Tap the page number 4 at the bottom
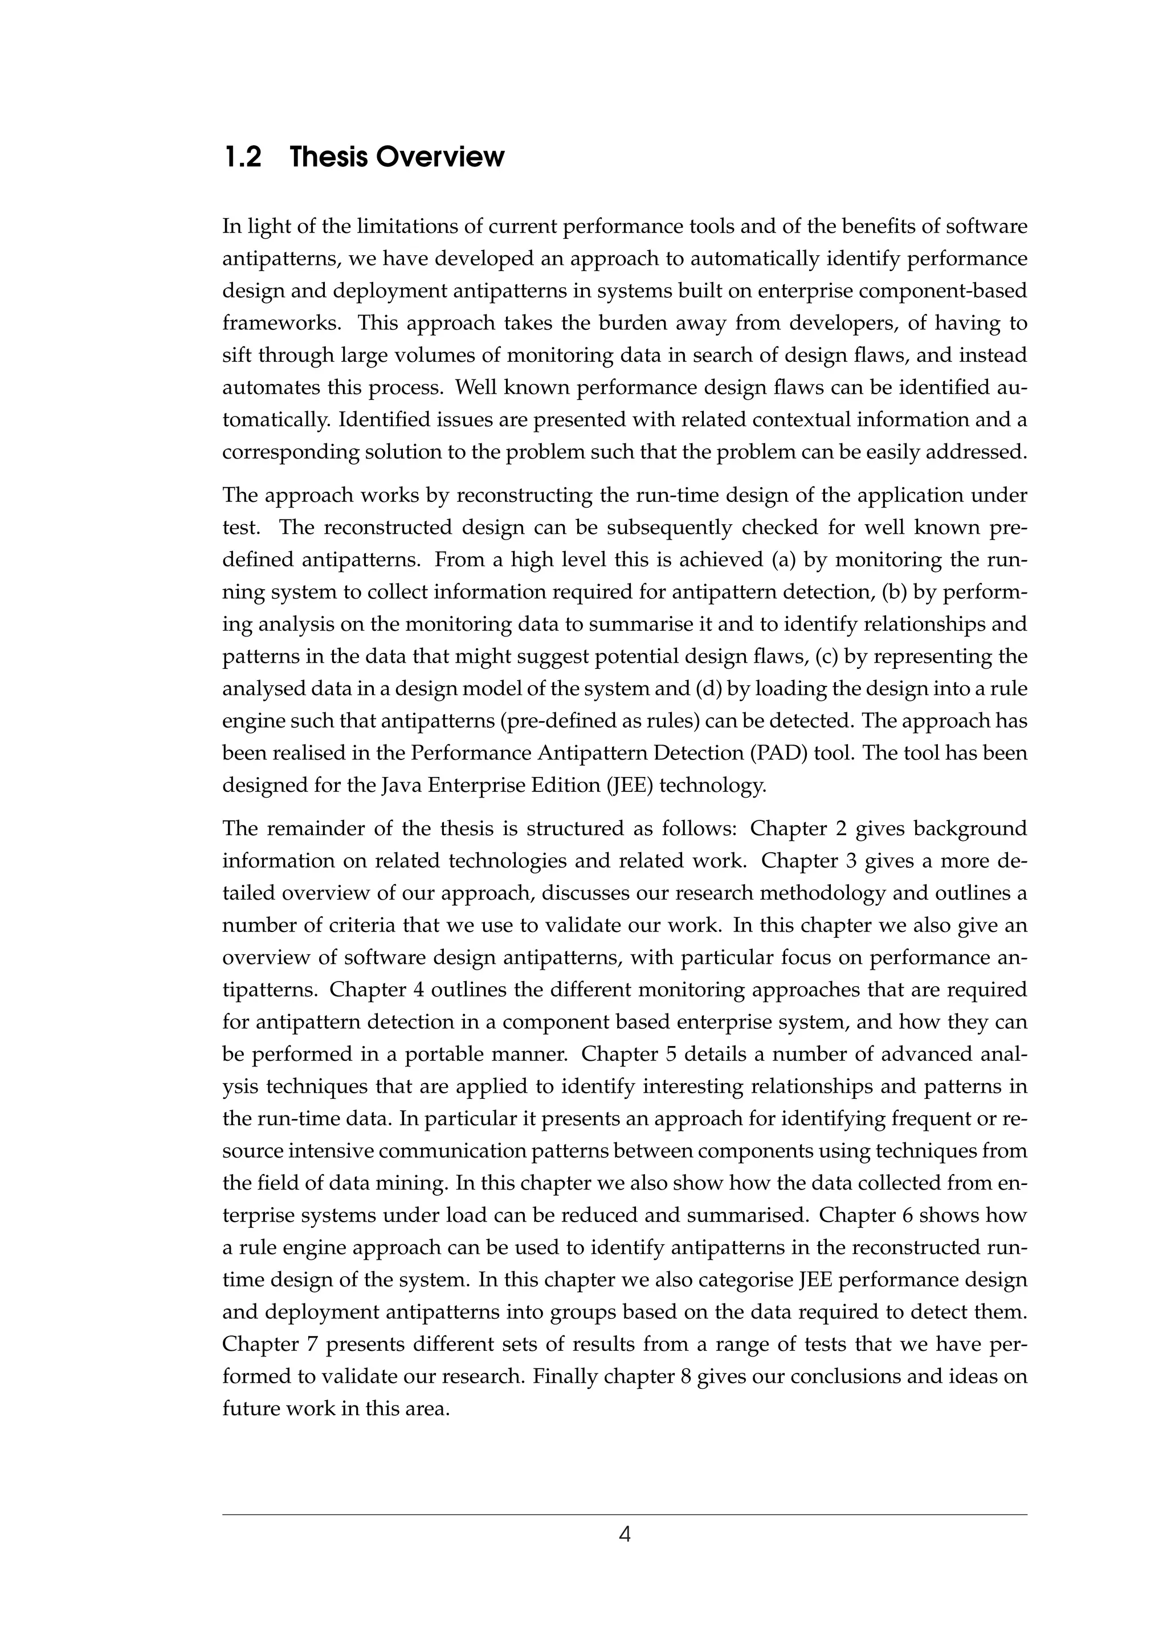tap(624, 1535)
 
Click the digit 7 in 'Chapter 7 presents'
tap(307, 1344)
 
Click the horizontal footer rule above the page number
tap(624, 1509)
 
